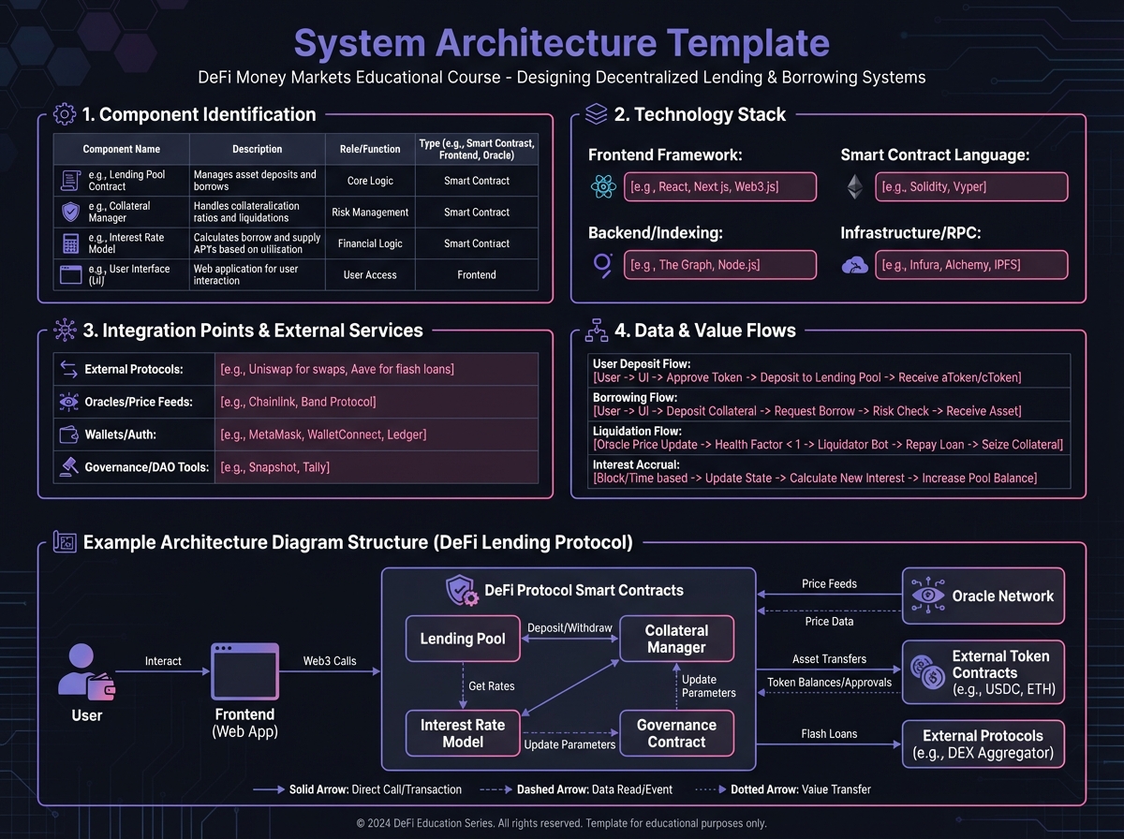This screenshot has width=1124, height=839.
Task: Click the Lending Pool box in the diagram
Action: tap(463, 640)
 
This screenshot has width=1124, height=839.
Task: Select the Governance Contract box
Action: tap(676, 733)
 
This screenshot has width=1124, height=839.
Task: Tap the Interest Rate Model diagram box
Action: tap(463, 733)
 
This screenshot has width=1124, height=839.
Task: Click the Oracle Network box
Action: tap(983, 596)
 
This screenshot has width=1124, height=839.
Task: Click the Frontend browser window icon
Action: tap(244, 671)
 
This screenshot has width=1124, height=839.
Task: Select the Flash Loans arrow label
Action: tap(829, 734)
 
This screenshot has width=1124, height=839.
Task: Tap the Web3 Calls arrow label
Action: tap(330, 661)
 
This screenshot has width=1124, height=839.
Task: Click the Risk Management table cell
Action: tap(370, 213)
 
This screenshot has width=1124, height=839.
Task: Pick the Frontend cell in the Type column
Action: tap(477, 275)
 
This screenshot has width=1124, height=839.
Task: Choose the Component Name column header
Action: tap(121, 149)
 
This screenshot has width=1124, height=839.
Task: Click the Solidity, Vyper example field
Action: tap(971, 186)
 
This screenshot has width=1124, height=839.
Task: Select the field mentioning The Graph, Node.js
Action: tap(719, 265)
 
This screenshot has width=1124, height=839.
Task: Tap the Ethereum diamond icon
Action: tap(853, 186)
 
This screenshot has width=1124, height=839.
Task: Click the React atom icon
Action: tap(603, 186)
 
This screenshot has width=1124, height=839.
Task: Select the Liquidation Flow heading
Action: tap(636, 431)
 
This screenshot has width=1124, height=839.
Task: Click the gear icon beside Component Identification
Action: tap(65, 115)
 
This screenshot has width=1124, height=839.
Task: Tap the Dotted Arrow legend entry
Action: tap(783, 789)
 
